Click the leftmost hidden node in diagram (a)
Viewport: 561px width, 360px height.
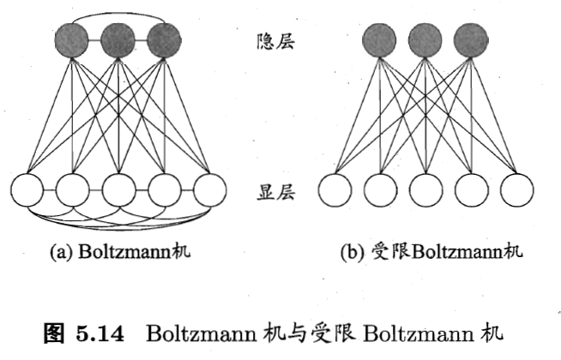tap(72, 39)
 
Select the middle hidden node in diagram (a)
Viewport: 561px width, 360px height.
tap(118, 39)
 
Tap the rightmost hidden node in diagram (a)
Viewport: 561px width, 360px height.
tap(164, 39)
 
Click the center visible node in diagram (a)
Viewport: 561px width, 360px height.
tap(119, 190)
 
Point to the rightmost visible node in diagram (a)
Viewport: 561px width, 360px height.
tap(208, 190)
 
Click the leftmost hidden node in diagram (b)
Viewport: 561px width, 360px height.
tap(380, 39)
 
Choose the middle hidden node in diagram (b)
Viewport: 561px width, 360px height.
tap(425, 39)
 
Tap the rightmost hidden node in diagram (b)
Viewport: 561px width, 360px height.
tap(471, 39)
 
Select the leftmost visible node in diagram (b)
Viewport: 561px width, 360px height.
tap(335, 190)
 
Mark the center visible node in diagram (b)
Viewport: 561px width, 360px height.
tap(425, 190)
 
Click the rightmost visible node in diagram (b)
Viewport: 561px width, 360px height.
tap(515, 190)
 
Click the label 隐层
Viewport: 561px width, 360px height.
tap(275, 39)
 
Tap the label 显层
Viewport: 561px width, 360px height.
tap(275, 193)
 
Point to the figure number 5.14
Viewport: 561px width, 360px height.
tap(109, 332)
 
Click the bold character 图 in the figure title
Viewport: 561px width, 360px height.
tap(55, 332)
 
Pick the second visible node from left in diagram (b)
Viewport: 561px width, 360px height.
tap(380, 190)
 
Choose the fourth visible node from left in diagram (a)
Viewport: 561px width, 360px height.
tap(164, 190)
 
